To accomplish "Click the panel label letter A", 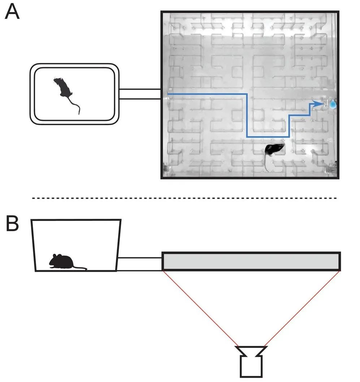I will pyautogui.click(x=12, y=12).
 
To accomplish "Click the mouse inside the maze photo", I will pyautogui.click(x=275, y=149).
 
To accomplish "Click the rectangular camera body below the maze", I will pyautogui.click(x=251, y=367).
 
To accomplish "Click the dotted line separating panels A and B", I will pyautogui.click(x=184, y=198).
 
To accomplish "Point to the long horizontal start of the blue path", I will pyautogui.click(x=206, y=94).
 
